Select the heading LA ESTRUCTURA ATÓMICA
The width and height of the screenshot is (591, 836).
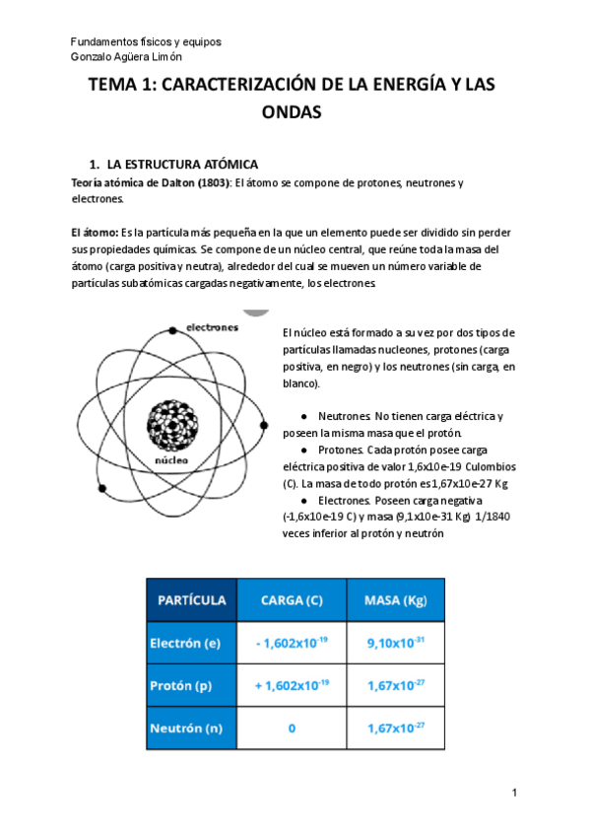(182, 165)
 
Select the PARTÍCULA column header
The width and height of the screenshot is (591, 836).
(191, 599)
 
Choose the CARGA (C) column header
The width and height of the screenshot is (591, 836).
(292, 599)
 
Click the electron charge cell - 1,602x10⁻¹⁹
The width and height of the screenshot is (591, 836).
(292, 644)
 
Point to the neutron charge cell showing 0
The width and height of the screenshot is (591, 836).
(292, 729)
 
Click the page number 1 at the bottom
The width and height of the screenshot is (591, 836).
(514, 794)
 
